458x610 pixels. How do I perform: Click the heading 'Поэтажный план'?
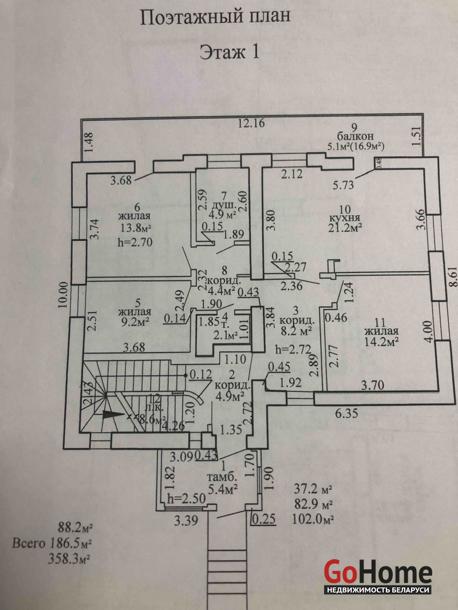215,17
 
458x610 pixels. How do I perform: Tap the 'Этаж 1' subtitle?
229,53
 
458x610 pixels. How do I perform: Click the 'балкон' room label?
359,137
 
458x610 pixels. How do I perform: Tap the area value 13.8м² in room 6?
134,228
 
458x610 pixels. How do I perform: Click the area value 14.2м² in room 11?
381,342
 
